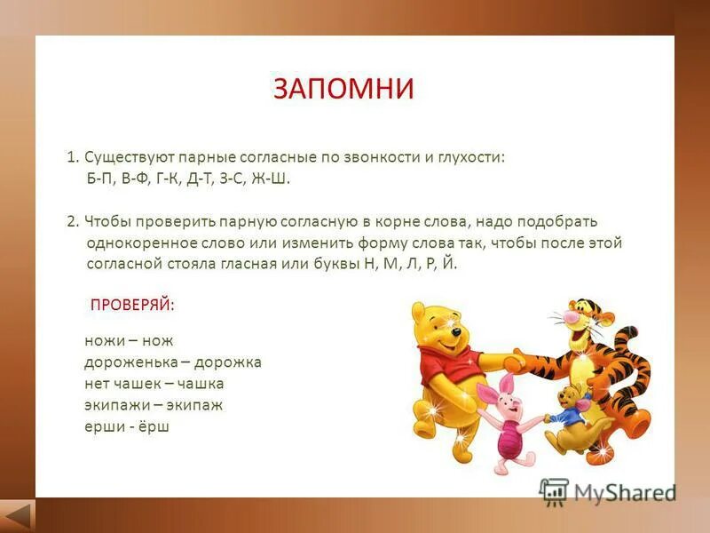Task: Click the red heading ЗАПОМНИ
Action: (x=343, y=89)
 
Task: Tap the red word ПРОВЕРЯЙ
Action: (x=132, y=305)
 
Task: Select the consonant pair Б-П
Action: (x=102, y=179)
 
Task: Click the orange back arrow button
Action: (x=17, y=515)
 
